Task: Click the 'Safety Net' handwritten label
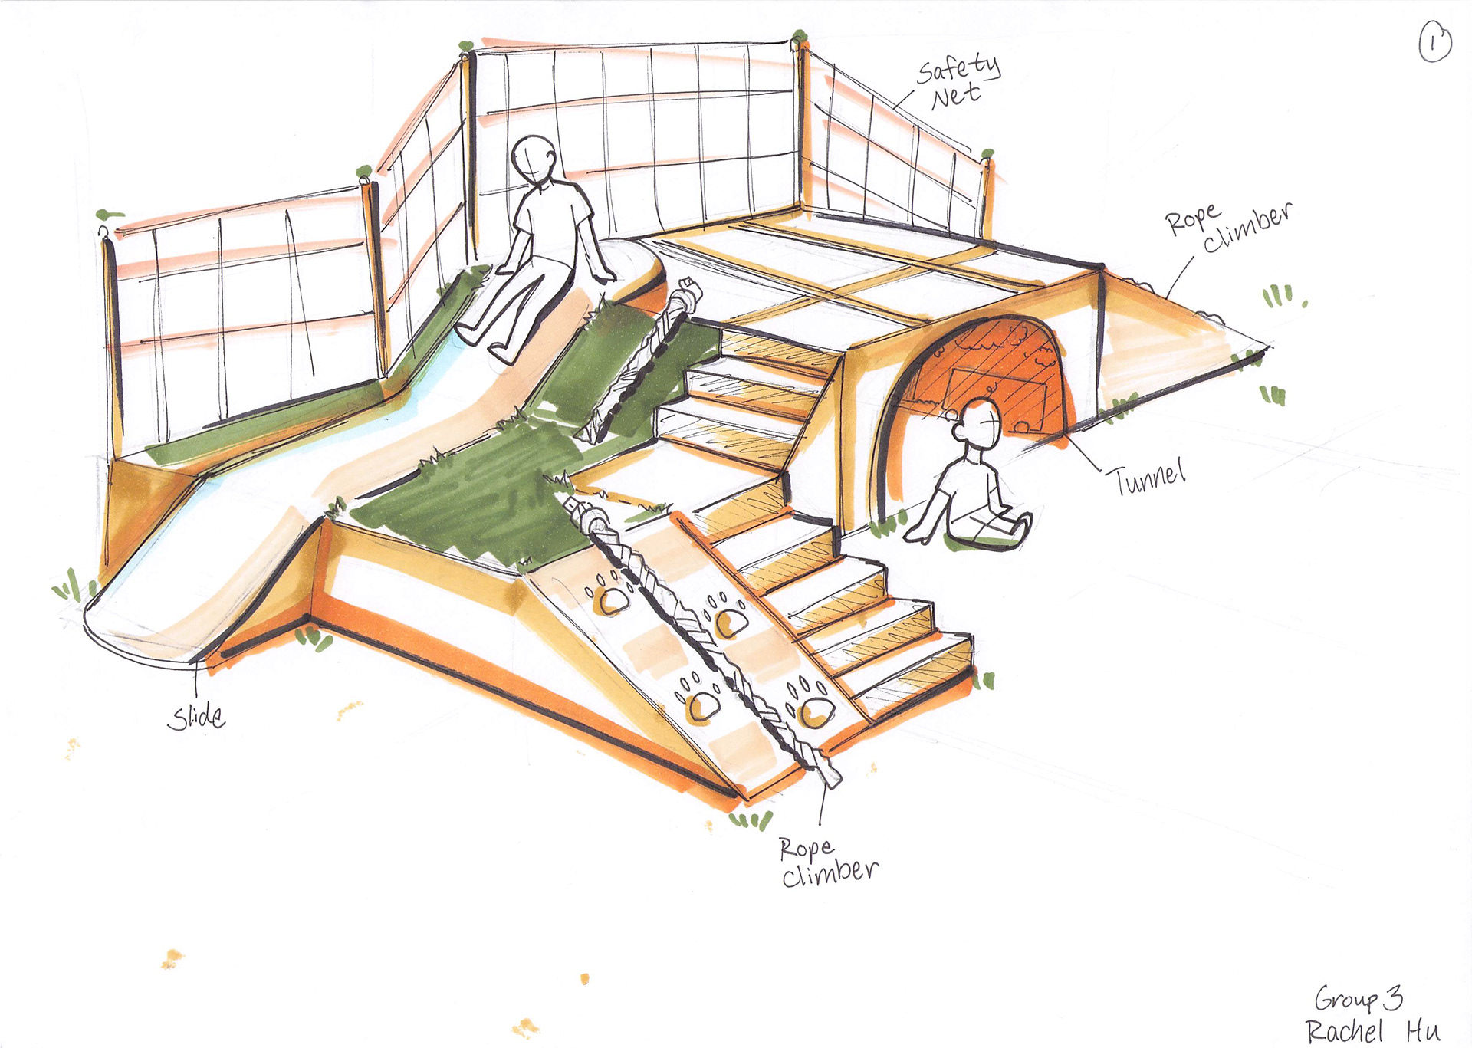coord(958,81)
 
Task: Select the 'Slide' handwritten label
coord(196,718)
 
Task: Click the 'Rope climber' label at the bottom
coord(828,862)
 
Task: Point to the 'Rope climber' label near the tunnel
coord(1227,226)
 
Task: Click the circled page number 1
coord(1434,43)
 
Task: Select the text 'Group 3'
coord(1358,998)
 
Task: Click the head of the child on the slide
coord(534,158)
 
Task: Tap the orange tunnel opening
coord(989,376)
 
